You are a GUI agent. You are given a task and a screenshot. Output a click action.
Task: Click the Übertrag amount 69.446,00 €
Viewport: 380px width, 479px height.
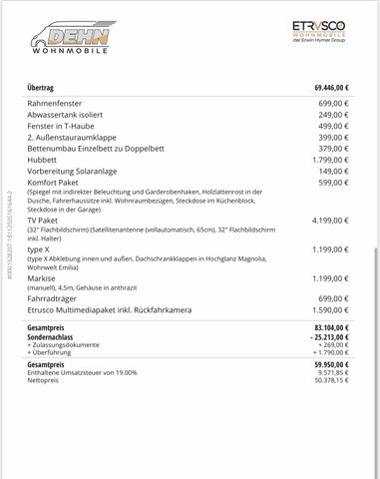(x=325, y=89)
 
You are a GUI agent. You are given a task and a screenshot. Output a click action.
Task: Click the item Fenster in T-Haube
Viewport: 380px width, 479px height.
(x=62, y=128)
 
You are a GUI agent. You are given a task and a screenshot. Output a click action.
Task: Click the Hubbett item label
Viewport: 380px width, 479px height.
(x=43, y=166)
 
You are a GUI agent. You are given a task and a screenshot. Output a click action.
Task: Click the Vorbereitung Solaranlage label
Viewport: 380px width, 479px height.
(x=71, y=178)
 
